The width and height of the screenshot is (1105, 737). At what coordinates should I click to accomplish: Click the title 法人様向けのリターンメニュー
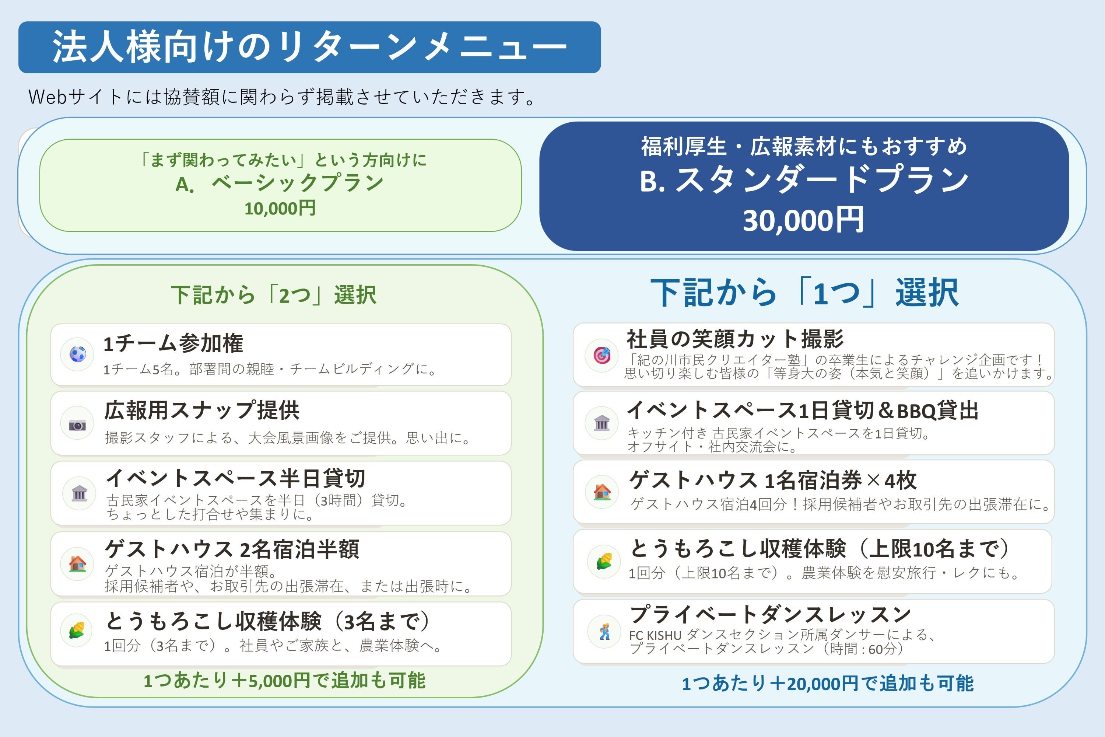tap(310, 47)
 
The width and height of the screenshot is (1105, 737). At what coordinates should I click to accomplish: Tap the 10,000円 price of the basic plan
tap(280, 208)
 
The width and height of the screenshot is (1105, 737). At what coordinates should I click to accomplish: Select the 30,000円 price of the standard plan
tap(803, 220)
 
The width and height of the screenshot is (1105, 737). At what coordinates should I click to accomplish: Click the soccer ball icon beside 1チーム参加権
tap(77, 354)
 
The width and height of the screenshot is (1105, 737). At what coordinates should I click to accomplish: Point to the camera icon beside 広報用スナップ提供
tap(77, 425)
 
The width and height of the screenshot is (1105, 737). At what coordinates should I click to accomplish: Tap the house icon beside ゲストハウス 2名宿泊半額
tap(77, 563)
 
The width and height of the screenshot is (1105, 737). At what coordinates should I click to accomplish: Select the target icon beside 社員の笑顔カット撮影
tap(602, 355)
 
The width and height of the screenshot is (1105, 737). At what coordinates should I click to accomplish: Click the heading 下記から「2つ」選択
tap(273, 295)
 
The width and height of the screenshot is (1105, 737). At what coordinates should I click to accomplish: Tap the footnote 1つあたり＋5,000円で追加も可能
tap(284, 681)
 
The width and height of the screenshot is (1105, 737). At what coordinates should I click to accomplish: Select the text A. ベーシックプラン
tap(280, 183)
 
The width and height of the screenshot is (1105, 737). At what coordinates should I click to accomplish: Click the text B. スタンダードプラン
tap(804, 179)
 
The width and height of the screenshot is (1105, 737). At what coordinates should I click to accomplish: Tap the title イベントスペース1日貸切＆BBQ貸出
tap(803, 411)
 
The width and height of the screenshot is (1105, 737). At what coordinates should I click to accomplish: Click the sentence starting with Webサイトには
tap(282, 97)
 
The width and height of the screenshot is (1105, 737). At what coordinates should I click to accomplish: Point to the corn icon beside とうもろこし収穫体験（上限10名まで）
tap(604, 561)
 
